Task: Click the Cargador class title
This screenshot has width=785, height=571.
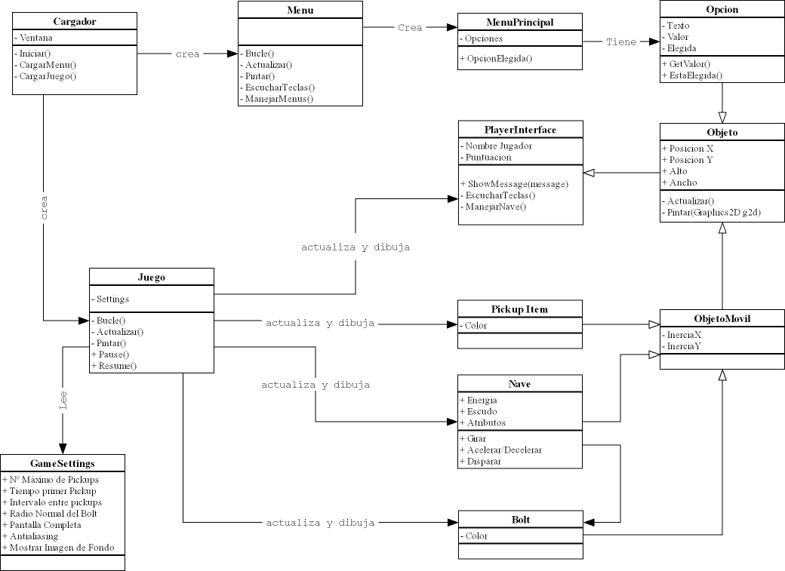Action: (75, 21)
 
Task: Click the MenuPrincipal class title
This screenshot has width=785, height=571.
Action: (520, 22)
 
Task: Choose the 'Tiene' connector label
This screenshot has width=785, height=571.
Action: (621, 42)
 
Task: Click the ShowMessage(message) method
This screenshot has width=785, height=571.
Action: (514, 184)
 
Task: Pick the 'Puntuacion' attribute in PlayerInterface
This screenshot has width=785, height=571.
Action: (488, 157)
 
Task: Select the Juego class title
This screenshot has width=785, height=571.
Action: (152, 277)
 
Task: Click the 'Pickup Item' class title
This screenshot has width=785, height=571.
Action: (520, 309)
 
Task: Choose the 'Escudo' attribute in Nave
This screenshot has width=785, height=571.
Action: (482, 411)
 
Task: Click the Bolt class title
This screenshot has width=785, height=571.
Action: (520, 519)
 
